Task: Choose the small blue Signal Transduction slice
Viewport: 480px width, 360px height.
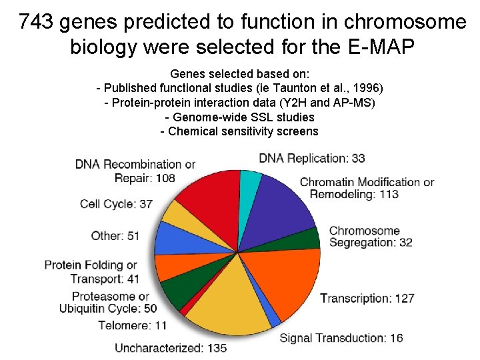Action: pyautogui.click(x=273, y=319)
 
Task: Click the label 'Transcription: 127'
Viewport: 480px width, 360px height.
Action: pyautogui.click(x=367, y=298)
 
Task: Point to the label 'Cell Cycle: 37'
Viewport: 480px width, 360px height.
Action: pyautogui.click(x=116, y=204)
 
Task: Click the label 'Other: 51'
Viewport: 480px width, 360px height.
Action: pyautogui.click(x=115, y=235)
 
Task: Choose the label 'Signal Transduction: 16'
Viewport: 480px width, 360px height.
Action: pyautogui.click(x=341, y=338)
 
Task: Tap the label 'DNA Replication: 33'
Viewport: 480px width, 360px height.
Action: pyautogui.click(x=311, y=158)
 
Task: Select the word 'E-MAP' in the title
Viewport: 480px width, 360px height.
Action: pyautogui.click(x=381, y=47)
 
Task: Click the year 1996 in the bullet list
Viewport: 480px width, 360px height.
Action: pyautogui.click(x=365, y=89)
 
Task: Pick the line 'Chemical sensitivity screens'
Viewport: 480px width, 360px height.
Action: pyautogui.click(x=239, y=131)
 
